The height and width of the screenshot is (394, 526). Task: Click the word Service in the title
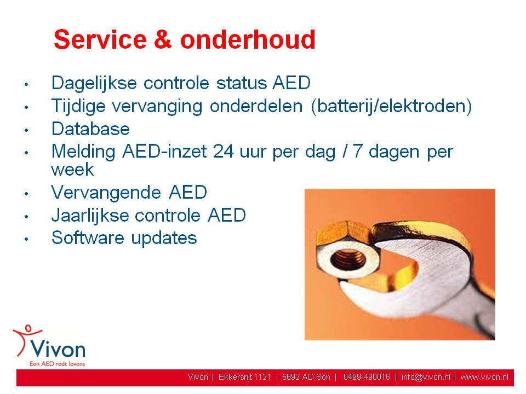click(x=100, y=39)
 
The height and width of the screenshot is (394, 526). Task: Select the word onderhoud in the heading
click(x=248, y=39)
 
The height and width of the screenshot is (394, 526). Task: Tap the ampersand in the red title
click(x=163, y=39)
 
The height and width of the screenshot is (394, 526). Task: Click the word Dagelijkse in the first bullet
click(x=94, y=83)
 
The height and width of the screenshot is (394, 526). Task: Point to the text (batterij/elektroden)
click(x=391, y=106)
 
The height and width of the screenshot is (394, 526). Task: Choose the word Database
click(x=90, y=129)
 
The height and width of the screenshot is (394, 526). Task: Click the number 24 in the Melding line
click(x=223, y=152)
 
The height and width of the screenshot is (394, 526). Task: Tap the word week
click(x=72, y=170)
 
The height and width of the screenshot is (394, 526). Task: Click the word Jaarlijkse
click(x=90, y=216)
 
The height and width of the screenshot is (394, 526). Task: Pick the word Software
click(x=88, y=238)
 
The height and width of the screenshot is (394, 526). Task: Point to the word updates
click(x=164, y=239)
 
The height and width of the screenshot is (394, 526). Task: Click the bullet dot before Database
click(x=26, y=130)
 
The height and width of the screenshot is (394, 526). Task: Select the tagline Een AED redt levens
click(x=58, y=364)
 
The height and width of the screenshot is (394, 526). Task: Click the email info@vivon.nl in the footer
click(x=426, y=377)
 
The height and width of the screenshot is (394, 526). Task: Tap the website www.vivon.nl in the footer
click(x=484, y=377)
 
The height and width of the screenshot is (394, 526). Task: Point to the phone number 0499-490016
click(x=367, y=377)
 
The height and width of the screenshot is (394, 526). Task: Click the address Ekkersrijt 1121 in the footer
click(x=244, y=377)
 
